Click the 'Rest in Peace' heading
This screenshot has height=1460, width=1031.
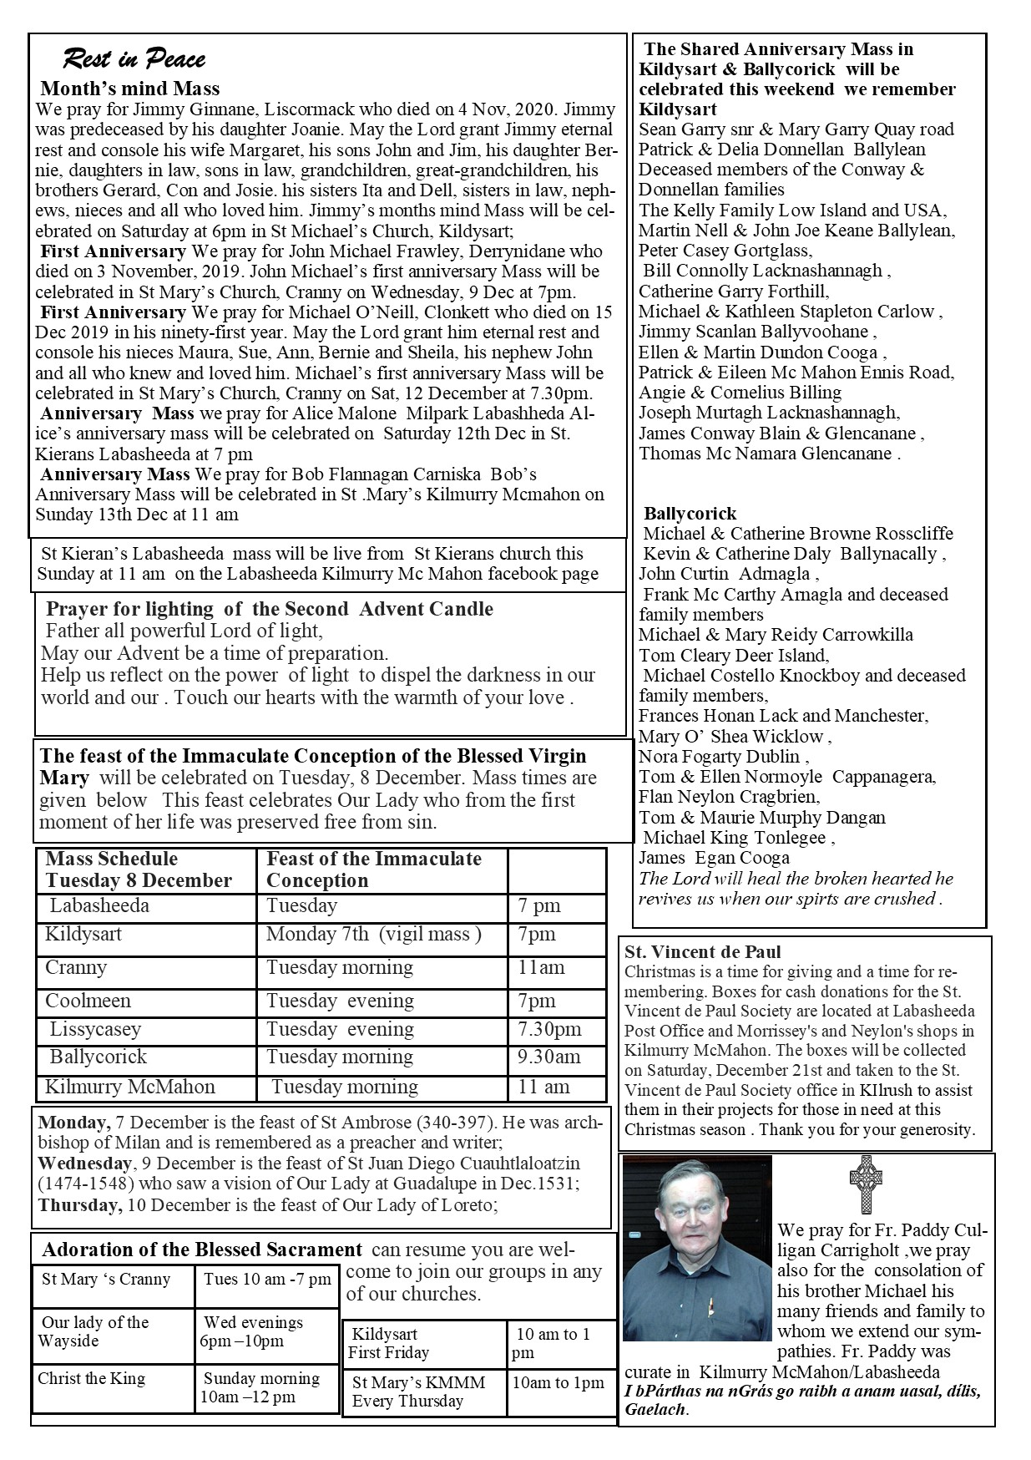tap(134, 59)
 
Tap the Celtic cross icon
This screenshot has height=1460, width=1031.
tap(866, 1184)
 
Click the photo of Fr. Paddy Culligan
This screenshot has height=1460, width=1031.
tap(697, 1248)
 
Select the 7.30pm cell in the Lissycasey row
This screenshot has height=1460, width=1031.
tap(548, 1029)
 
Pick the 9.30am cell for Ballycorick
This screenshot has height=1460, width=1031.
tap(548, 1057)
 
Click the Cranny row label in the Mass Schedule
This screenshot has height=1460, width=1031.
tap(76, 968)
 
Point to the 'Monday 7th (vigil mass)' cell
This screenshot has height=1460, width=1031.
tap(374, 935)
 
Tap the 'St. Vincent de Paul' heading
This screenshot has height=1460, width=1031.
tap(703, 952)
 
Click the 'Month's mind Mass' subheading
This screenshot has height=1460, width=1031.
tap(130, 89)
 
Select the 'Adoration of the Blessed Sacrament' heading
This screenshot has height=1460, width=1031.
tap(202, 1250)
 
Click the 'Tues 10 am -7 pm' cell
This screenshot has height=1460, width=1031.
tap(267, 1280)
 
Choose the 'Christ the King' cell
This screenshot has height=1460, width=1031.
tap(91, 1378)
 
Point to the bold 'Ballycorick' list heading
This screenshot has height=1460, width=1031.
tap(690, 513)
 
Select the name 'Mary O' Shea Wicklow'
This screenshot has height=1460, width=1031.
tap(735, 736)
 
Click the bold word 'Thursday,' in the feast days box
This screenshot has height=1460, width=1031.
tap(80, 1205)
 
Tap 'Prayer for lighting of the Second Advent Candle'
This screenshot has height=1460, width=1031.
tap(269, 609)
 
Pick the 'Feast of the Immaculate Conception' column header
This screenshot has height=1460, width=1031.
tap(374, 869)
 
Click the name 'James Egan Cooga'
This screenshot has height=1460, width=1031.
tap(714, 858)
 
